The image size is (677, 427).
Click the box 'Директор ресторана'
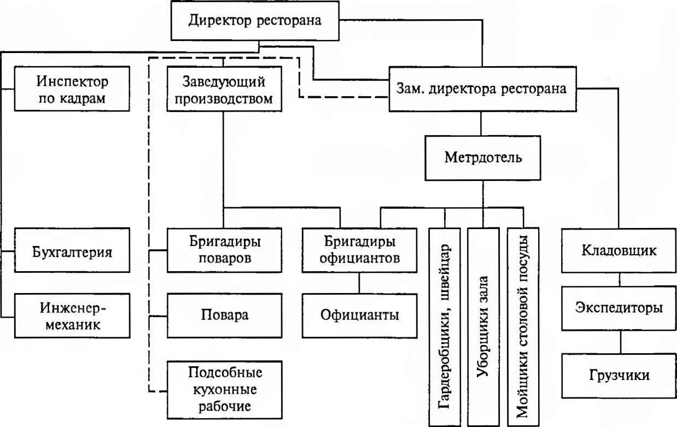point(255,20)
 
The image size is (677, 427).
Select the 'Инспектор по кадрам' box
point(72,89)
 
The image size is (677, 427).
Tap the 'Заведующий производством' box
point(224,90)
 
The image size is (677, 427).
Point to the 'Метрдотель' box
point(483,158)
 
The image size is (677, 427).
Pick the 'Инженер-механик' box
point(72,315)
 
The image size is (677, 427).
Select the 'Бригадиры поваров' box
point(224,251)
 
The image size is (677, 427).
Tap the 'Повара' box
point(224,315)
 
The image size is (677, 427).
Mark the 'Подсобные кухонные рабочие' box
point(224,389)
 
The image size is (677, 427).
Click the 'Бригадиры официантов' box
point(359,251)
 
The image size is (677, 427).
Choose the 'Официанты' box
point(359,315)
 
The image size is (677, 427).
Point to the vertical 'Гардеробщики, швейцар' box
point(445,326)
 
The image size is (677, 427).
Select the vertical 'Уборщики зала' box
point(483,326)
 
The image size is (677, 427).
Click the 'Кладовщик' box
point(619,251)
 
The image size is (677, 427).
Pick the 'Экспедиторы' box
point(619,308)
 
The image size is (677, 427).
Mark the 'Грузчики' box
point(619,376)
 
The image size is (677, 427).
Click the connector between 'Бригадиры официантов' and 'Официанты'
point(359,283)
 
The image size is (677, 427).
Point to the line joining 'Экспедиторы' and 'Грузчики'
point(620,342)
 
